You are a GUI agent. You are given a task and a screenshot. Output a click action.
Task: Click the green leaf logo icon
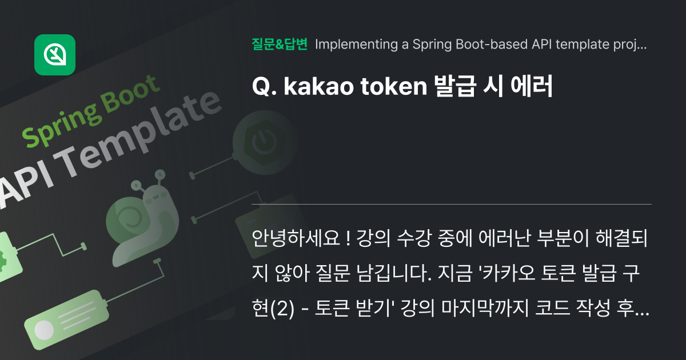[x=55, y=55]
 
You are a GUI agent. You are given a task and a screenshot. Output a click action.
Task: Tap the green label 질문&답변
[x=280, y=44]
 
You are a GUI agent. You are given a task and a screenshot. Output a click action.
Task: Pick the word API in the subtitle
[x=545, y=44]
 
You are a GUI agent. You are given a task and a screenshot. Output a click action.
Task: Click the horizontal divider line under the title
[x=452, y=204]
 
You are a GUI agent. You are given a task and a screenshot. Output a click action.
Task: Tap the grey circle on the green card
[x=44, y=330]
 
